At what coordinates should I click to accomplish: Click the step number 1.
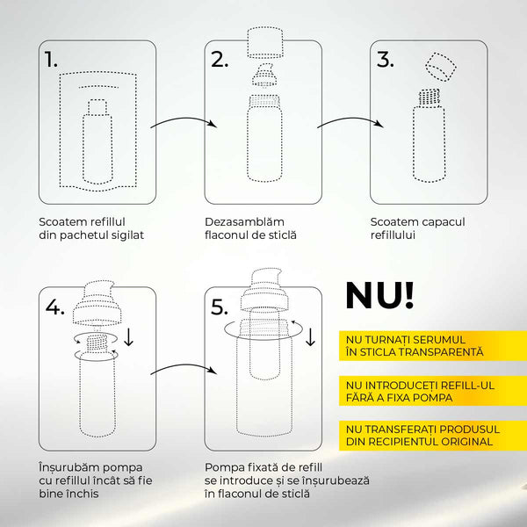point(51,60)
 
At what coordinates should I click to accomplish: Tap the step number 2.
point(219,60)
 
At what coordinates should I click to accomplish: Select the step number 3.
point(384,60)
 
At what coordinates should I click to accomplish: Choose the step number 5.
point(220,307)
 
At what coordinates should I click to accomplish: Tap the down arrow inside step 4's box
point(129,336)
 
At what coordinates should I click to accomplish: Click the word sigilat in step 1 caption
point(124,235)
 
